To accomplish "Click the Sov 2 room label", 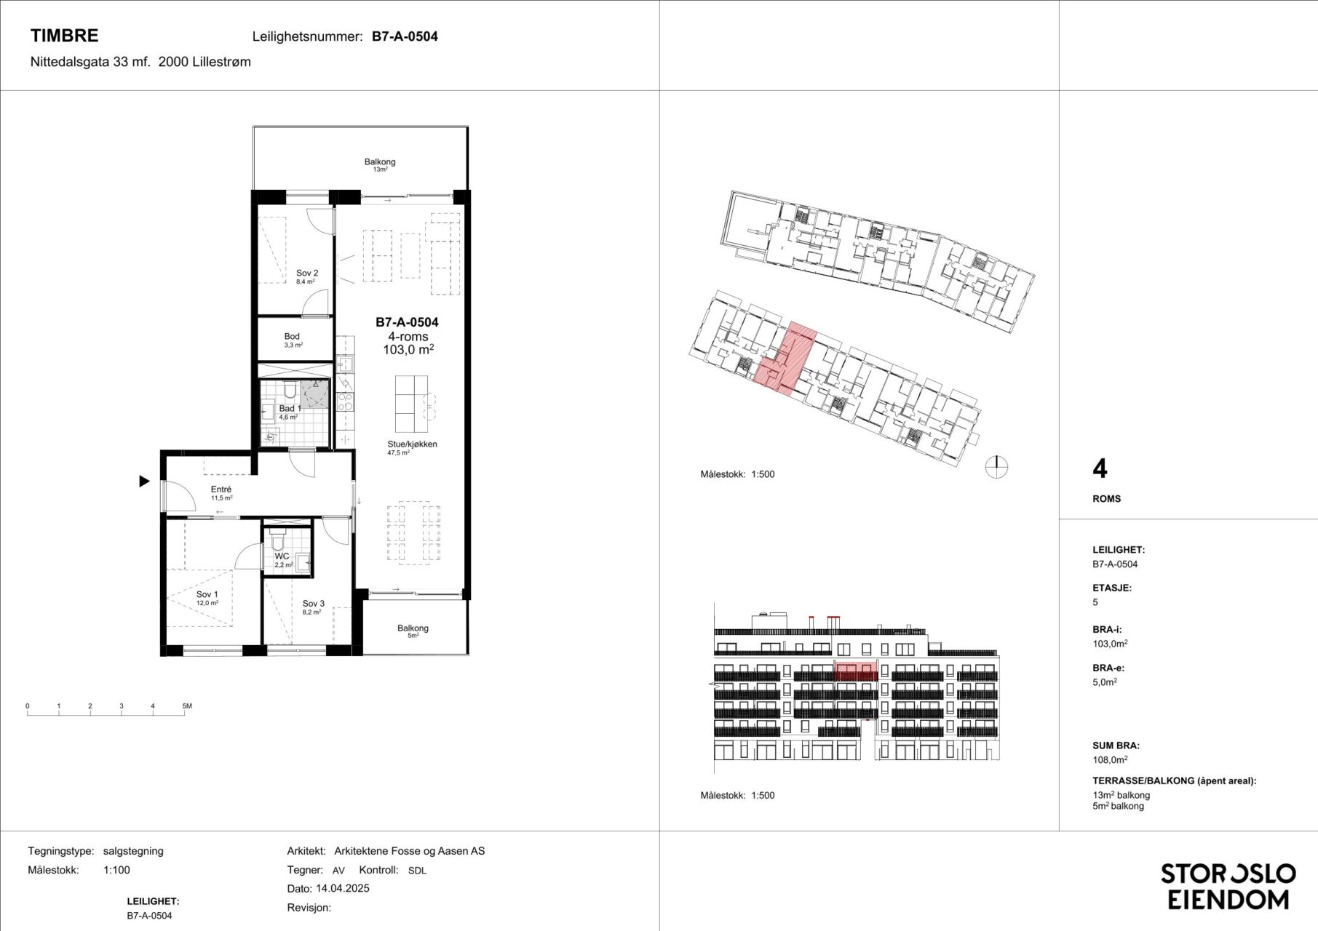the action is click(307, 273).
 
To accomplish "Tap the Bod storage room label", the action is click(292, 337).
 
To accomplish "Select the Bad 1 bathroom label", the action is click(290, 409).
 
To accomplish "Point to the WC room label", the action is click(282, 556).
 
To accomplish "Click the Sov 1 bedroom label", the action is click(207, 595).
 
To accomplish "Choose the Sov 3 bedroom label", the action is click(314, 604).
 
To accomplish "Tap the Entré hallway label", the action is click(221, 490).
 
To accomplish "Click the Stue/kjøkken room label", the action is click(412, 444).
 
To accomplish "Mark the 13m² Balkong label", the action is click(380, 162).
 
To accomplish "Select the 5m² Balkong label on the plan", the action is click(413, 628).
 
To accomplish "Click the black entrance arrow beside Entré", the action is click(144, 481).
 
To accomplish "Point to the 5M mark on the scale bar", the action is click(187, 706).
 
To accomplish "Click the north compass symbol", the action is click(996, 467).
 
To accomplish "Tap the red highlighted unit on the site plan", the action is click(786, 360).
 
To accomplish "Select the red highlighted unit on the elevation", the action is click(855, 671).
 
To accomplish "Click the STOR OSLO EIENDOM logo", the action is click(1228, 886).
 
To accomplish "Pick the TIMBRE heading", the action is click(64, 36).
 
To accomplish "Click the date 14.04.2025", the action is click(343, 888).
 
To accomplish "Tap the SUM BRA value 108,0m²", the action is click(1110, 760).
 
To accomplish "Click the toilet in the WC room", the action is click(277, 542).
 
